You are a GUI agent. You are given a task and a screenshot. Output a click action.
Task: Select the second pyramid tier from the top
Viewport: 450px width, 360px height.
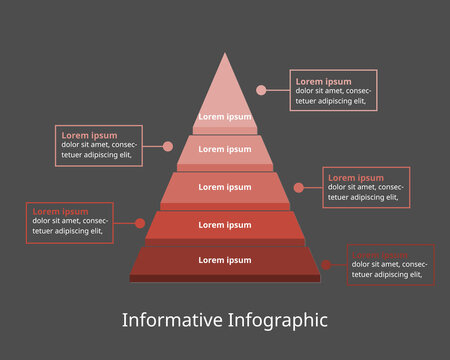[x=225, y=150]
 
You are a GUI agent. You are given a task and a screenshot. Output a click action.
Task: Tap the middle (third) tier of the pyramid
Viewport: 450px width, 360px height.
[x=225, y=187]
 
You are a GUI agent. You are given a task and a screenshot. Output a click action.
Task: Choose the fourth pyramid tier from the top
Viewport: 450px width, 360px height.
[x=225, y=225]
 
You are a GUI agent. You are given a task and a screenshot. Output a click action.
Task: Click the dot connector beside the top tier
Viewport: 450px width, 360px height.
[x=261, y=90]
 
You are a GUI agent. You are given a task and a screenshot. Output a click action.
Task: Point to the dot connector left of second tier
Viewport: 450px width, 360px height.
[x=168, y=146]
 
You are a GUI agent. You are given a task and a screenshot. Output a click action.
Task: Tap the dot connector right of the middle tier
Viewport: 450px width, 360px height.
[x=299, y=187]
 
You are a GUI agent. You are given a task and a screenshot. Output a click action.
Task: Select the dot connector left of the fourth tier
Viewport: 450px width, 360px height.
[x=139, y=223]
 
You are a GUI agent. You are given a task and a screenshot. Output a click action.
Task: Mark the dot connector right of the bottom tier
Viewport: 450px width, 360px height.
[x=326, y=265]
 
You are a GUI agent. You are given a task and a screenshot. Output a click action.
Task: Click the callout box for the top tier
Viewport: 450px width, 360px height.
[x=334, y=90]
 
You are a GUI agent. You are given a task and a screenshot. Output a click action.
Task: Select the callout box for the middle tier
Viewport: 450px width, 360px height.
[x=367, y=187]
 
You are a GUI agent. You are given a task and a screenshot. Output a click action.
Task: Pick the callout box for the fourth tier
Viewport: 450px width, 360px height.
[x=69, y=222]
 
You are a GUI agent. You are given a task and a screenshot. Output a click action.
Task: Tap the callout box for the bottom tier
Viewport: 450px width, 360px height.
[x=391, y=265]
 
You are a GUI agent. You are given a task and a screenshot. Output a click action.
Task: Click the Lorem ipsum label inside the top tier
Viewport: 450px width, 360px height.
[x=225, y=117]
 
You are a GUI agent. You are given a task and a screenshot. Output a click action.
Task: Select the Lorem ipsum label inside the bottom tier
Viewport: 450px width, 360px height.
[x=225, y=260]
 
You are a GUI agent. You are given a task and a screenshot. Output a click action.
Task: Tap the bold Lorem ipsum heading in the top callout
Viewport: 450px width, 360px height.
[x=323, y=81]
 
